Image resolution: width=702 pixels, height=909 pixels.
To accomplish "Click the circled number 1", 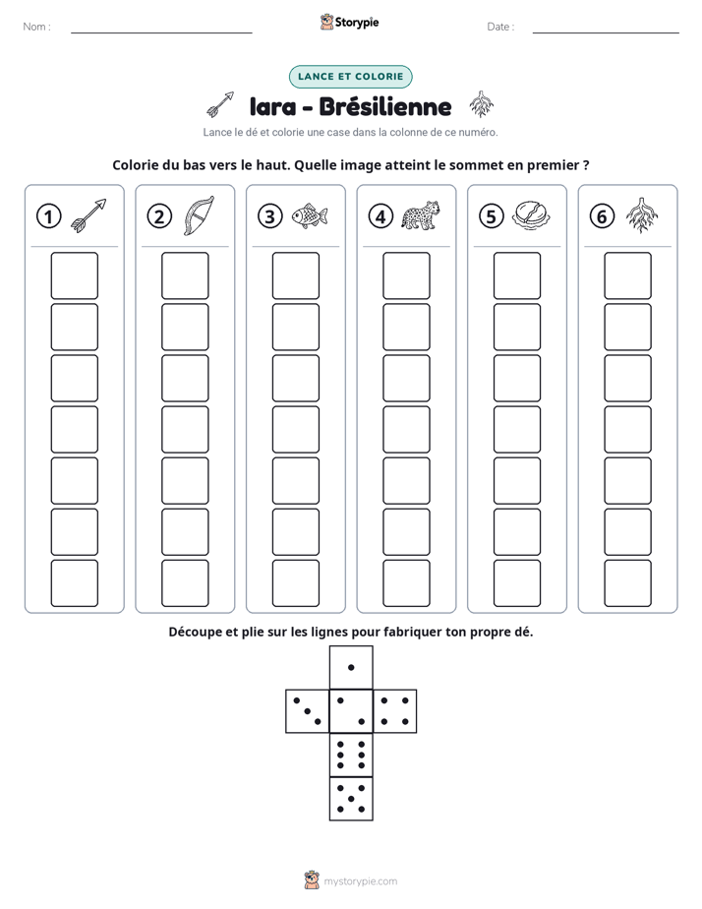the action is tap(48, 216).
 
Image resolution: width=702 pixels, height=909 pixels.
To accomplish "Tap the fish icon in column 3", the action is tap(310, 216).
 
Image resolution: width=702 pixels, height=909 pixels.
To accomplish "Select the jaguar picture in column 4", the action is tap(421, 215).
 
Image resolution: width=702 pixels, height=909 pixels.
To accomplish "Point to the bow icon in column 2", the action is tap(199, 215).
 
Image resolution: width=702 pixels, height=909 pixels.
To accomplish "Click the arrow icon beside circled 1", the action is tap(88, 215).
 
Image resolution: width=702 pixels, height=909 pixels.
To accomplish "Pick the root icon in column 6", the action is tap(642, 215).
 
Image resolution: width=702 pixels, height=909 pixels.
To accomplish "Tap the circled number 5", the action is tap(492, 216).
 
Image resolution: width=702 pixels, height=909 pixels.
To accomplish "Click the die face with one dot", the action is tap(351, 668).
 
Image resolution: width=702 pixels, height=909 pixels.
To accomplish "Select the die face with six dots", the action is tap(351, 755).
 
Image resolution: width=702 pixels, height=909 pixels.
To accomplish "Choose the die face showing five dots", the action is tap(351, 799).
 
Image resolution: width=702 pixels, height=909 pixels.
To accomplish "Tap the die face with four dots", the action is tap(395, 711).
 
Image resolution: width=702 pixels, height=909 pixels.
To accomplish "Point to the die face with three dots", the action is tap(308, 711).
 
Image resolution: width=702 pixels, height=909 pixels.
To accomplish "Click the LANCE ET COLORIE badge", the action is tap(350, 77).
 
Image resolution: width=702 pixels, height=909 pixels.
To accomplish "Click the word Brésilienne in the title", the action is tap(384, 106).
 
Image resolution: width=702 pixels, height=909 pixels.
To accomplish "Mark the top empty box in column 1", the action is tap(74, 275).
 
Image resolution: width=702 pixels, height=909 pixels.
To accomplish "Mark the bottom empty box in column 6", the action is tap(627, 583).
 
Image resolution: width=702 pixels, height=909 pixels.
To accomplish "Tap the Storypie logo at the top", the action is tap(349, 22).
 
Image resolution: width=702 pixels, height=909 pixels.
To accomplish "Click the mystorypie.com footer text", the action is tap(360, 881).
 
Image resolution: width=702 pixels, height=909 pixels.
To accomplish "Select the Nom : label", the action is tap(37, 27).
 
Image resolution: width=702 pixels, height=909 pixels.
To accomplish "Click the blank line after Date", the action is tap(606, 32).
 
